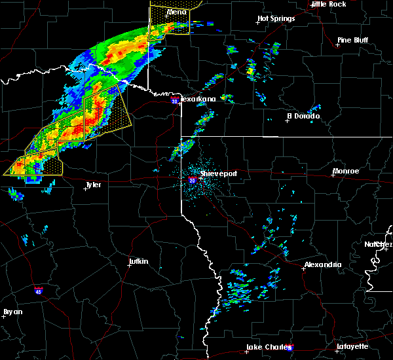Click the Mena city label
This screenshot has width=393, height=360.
[x=176, y=12]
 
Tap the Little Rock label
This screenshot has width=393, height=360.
[x=328, y=4]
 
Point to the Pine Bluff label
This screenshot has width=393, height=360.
[x=353, y=40]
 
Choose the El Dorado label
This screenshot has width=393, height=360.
[x=303, y=116]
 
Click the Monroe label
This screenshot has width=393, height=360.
[x=346, y=171]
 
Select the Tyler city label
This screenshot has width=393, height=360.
[x=93, y=185]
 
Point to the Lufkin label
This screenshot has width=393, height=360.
[x=138, y=262]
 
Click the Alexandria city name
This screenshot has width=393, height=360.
[x=322, y=264]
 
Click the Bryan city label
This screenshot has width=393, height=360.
[x=13, y=312]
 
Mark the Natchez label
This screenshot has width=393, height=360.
[x=379, y=244]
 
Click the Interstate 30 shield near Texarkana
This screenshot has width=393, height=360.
[x=174, y=101]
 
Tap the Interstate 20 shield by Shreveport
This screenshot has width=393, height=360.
[x=192, y=179]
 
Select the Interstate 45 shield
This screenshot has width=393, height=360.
[x=39, y=288]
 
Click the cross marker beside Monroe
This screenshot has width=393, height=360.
[x=333, y=175]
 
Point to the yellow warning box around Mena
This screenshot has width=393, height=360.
[x=169, y=19]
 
